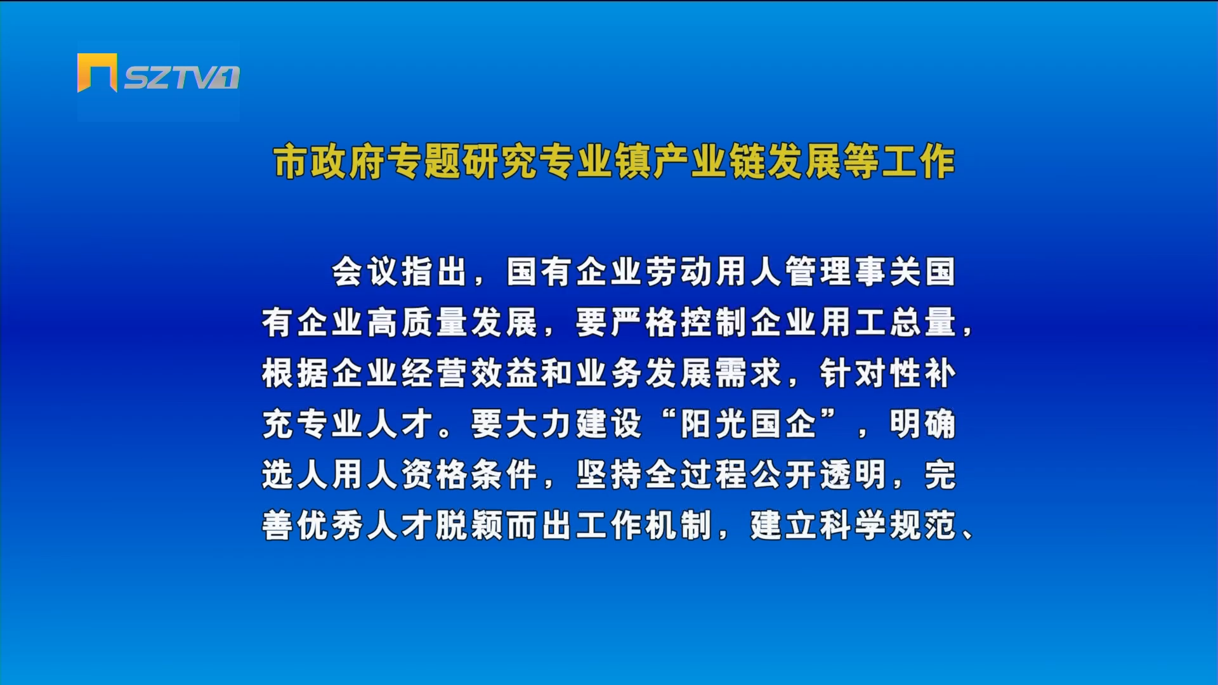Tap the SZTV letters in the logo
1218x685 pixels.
tap(171, 78)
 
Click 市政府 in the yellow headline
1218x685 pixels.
tap(329, 161)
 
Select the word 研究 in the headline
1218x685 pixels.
tap(500, 161)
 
